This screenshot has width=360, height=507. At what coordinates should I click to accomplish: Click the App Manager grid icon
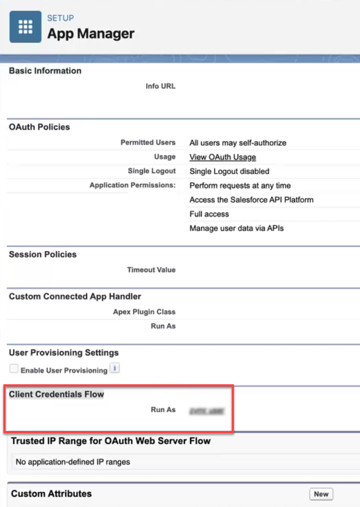pos(25,27)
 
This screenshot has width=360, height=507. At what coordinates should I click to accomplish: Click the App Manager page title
pos(91,34)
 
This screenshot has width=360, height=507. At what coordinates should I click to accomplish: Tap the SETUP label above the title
pos(60,18)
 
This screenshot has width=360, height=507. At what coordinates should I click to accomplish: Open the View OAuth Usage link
pos(222,157)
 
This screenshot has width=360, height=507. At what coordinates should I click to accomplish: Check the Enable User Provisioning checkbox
pos(14,369)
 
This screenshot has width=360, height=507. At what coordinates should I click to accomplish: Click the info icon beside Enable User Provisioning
pos(115,369)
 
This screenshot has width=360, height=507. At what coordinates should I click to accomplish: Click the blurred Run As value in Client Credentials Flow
pos(207,411)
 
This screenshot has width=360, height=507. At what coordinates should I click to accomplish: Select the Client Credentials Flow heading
pos(56,394)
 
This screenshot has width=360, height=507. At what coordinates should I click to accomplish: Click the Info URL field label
pos(160,86)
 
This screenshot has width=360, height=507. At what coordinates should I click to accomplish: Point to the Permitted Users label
pos(148,143)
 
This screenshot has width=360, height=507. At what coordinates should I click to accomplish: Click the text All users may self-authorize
pos(238,143)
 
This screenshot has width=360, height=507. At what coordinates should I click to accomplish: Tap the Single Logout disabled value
pos(229,172)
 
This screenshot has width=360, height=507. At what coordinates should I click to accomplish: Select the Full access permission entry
pos(209,214)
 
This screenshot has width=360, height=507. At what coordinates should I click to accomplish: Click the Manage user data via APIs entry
pos(236,228)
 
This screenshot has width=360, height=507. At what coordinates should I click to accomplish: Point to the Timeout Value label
pos(151,270)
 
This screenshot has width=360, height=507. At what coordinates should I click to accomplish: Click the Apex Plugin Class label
pos(144,312)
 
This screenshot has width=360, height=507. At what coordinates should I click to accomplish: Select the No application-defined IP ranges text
pos(73,462)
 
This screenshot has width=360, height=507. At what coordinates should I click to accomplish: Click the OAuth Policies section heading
pos(39,127)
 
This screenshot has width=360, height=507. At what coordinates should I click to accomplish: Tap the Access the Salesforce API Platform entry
pos(251,200)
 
